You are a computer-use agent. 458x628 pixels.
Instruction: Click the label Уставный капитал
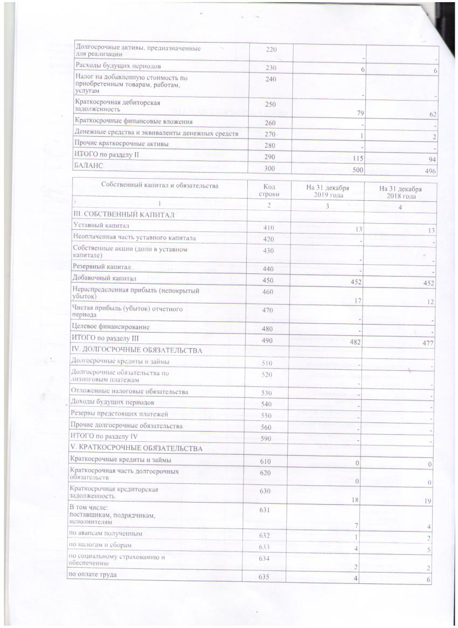[101, 226]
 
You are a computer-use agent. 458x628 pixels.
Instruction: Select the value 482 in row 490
[355, 342]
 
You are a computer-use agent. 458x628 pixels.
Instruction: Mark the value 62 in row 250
[431, 114]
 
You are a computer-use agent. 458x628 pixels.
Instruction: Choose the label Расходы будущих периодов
[117, 66]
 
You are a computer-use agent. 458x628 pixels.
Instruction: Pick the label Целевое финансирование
[112, 327]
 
